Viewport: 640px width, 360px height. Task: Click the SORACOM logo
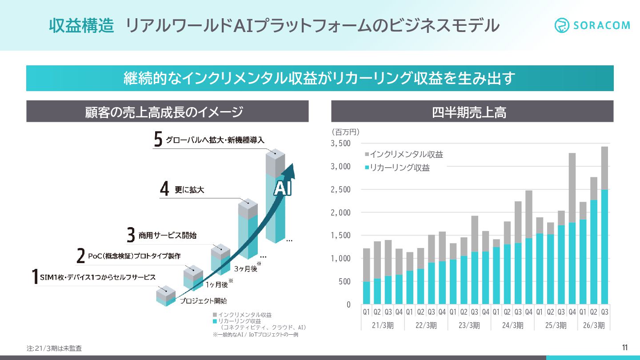tap(592, 25)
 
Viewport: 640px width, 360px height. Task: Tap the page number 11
tap(624, 348)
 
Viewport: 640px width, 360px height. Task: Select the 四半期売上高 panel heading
tap(472, 112)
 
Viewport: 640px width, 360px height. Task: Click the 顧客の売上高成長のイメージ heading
tap(167, 112)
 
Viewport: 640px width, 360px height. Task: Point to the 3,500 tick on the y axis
tap(341, 144)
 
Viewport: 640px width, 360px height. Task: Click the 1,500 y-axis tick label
tap(341, 236)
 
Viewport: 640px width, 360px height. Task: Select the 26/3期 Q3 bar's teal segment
tap(604, 247)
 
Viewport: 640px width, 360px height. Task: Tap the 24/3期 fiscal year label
tap(512, 325)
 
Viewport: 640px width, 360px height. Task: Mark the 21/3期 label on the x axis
tap(382, 325)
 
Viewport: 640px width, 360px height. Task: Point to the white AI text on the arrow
tap(282, 189)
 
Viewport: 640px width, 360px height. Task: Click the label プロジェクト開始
tap(203, 301)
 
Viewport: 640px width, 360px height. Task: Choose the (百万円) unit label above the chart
tap(345, 132)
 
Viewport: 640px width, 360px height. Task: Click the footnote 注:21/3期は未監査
tap(54, 349)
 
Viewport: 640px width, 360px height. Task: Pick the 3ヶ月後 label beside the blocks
tap(245, 268)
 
